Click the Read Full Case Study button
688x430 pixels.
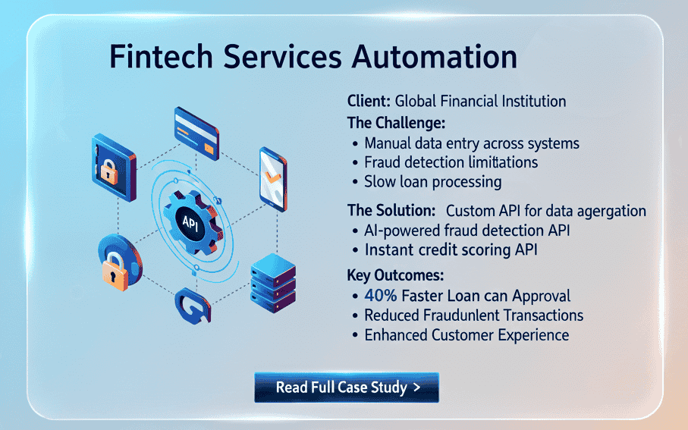tap(347, 388)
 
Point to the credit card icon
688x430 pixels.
tap(196, 128)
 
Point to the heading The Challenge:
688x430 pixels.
tap(396, 122)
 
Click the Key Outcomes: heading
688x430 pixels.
tap(395, 275)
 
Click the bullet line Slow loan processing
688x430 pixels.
tap(432, 182)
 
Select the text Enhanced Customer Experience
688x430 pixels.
tap(466, 334)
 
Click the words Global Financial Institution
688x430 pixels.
tap(480, 101)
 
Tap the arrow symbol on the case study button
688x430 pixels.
tap(416, 388)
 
